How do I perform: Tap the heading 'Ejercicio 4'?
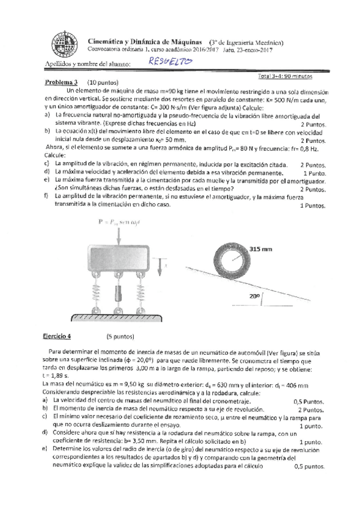tap(61, 337)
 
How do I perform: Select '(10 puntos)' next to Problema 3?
tap(103, 82)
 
